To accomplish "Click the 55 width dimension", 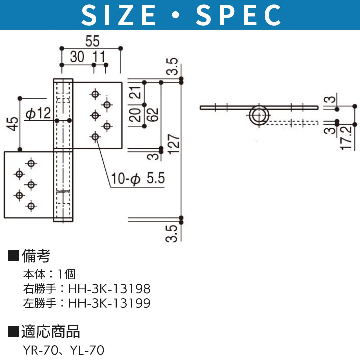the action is [93, 41].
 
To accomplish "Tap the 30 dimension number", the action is [77, 57].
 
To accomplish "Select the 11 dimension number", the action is [99, 57].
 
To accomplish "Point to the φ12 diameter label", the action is [38, 113].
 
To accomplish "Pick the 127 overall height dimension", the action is [174, 144].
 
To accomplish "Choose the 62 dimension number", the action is [153, 114].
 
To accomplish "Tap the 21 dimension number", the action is [135, 93].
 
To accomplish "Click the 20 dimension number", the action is [135, 115].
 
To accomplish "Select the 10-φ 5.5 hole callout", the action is [138, 178].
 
